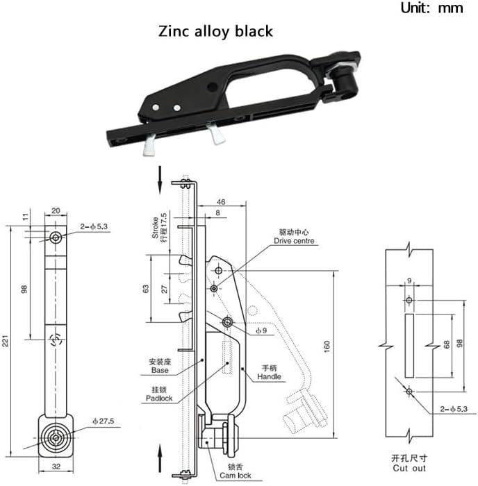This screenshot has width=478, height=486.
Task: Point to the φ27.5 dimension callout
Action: point(105,421)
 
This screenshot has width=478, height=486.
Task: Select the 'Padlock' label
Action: point(158,398)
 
